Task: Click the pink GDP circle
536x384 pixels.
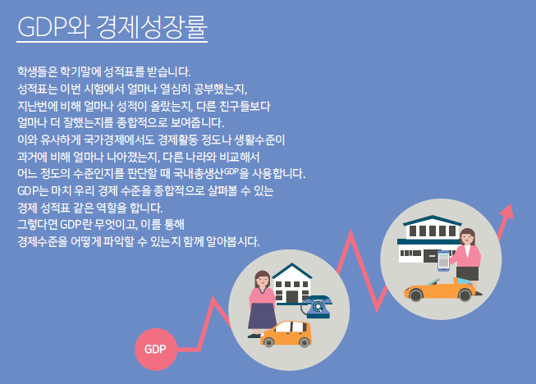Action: (x=156, y=350)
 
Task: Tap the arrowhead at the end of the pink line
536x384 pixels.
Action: (x=507, y=212)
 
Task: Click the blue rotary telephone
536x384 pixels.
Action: (x=317, y=306)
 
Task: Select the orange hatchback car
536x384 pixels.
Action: (x=286, y=334)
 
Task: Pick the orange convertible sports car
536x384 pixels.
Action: (x=440, y=290)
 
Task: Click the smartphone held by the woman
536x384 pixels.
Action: (x=444, y=261)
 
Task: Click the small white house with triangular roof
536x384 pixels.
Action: (x=292, y=283)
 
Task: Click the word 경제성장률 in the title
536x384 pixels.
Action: (x=152, y=26)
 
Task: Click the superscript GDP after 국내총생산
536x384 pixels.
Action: (x=231, y=171)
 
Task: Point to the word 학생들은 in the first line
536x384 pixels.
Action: (x=37, y=71)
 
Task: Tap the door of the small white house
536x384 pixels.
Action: (x=292, y=297)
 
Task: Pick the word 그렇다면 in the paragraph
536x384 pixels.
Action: (x=37, y=225)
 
